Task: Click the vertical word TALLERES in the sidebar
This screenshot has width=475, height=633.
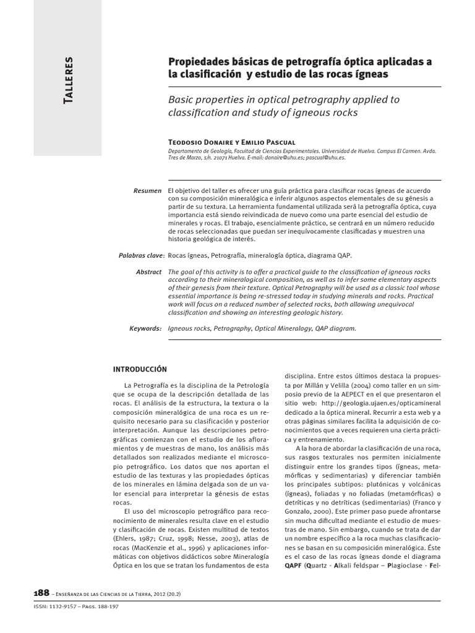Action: click(69, 80)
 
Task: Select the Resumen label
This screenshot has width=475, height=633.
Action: click(147, 190)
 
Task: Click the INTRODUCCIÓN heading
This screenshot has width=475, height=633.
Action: click(140, 369)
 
